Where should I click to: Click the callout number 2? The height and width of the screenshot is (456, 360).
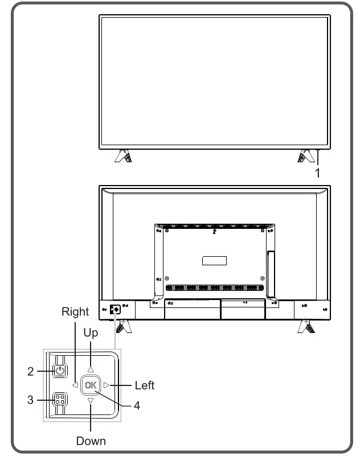[x=31, y=372]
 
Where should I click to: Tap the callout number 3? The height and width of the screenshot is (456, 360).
[x=31, y=400]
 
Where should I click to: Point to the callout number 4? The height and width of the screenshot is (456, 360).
[x=137, y=406]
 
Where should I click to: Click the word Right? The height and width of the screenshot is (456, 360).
[x=75, y=311]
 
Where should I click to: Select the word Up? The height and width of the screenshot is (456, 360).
[x=91, y=333]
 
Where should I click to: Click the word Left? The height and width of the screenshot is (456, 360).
[x=144, y=385]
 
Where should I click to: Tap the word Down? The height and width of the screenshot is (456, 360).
[x=91, y=441]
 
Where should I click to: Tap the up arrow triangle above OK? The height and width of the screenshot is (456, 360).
[x=90, y=369]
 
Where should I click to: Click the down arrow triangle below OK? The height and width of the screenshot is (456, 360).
[x=90, y=401]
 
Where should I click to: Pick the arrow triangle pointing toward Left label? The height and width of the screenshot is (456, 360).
[x=106, y=385]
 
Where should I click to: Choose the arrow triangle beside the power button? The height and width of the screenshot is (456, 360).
[x=75, y=385]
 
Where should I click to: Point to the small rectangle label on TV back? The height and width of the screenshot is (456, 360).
[x=214, y=261]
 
